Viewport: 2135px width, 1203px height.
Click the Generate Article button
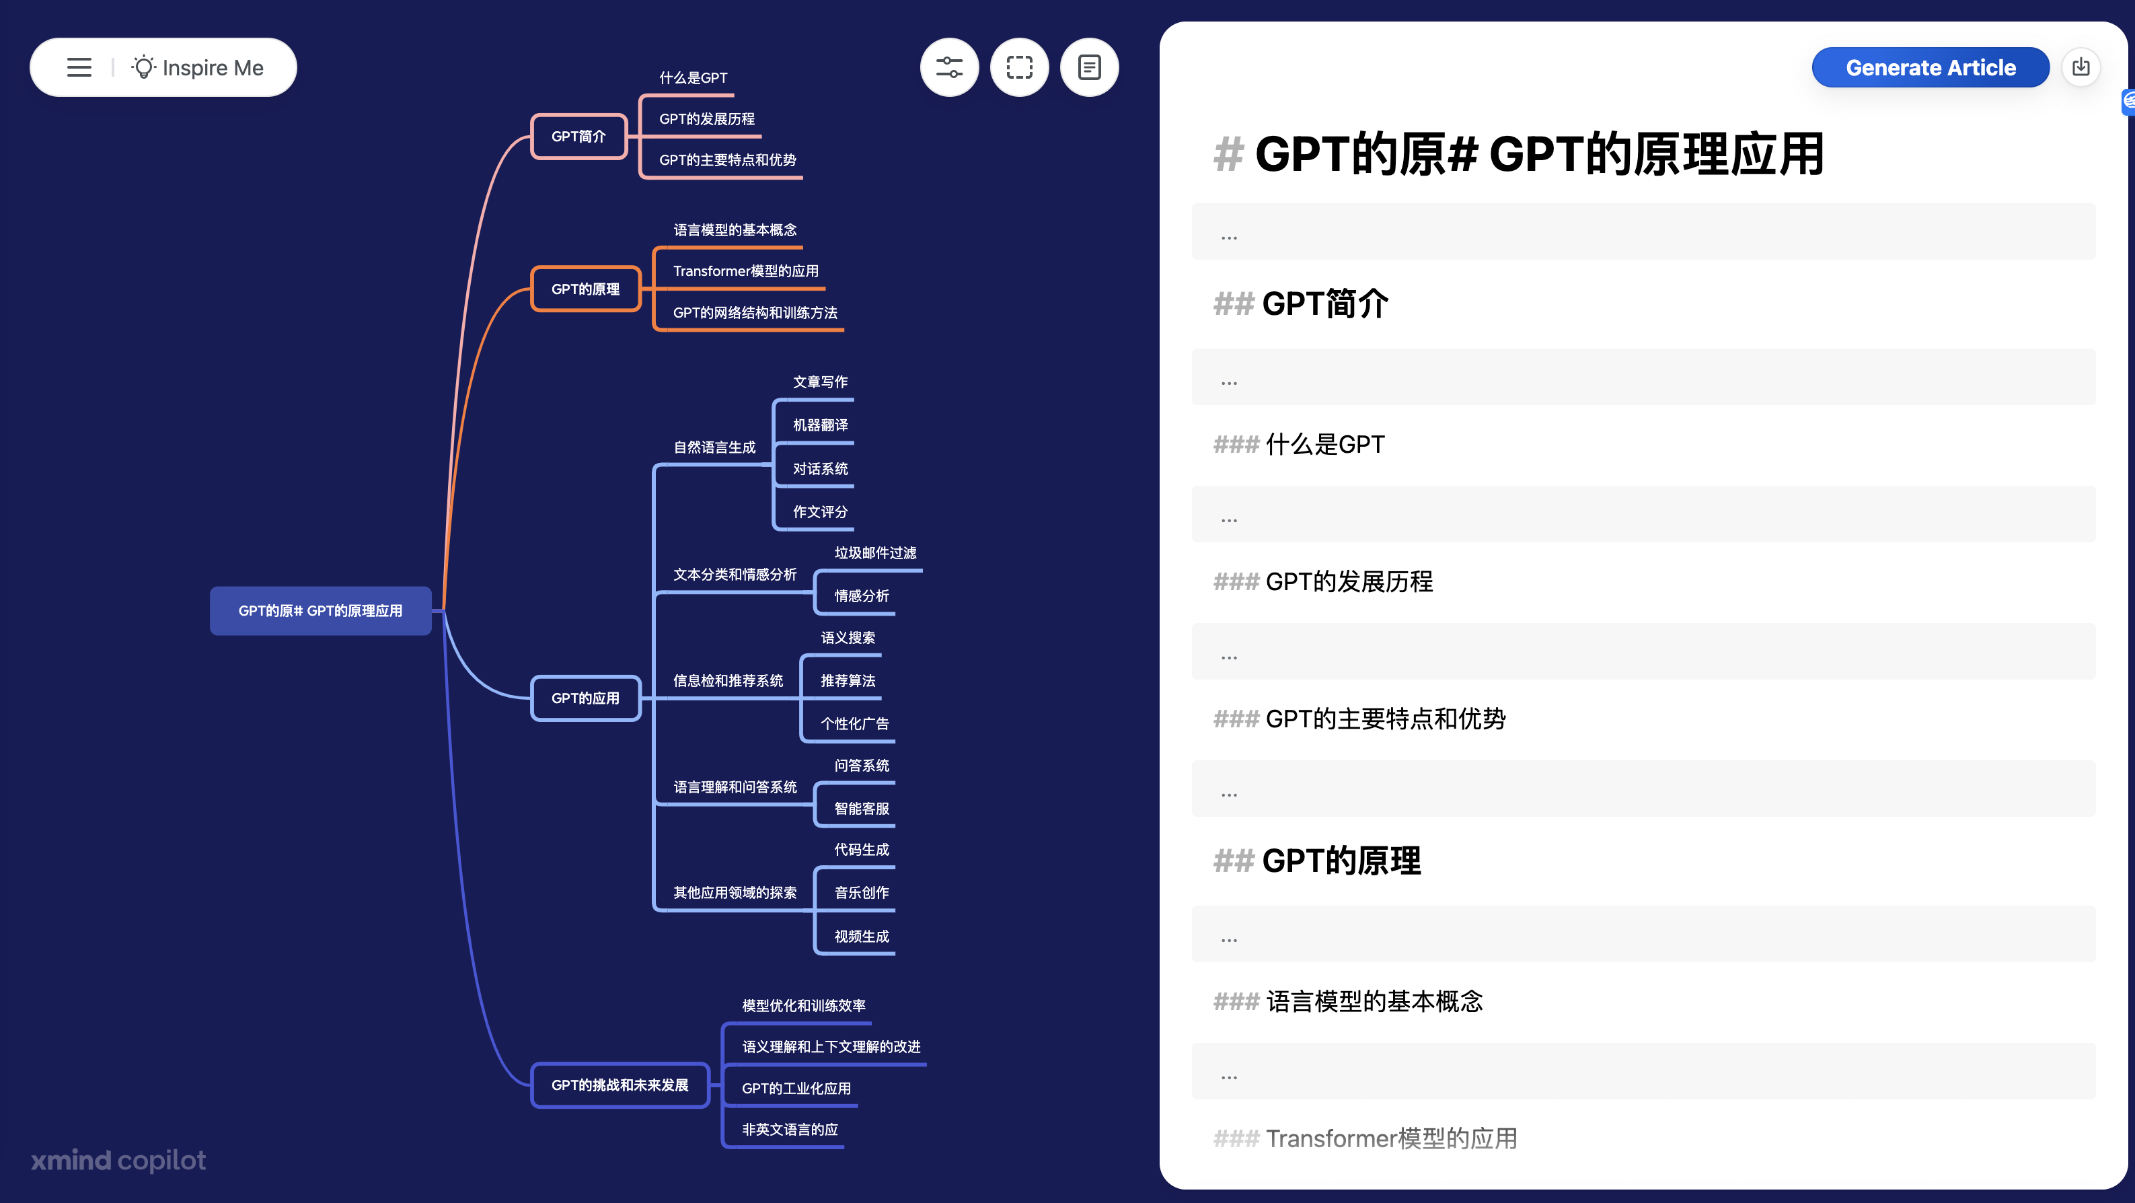[x=1931, y=67]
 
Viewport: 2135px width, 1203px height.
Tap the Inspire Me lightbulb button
[x=197, y=67]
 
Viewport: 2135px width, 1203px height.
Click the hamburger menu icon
[x=79, y=67]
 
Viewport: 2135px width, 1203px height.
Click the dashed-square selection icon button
[x=1020, y=67]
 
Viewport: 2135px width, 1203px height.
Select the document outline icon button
[x=1089, y=67]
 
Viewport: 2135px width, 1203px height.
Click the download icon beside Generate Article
[x=2081, y=67]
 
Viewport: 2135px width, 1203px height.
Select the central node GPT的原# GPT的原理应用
[x=321, y=611]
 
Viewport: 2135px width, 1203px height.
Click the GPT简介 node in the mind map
[x=578, y=136]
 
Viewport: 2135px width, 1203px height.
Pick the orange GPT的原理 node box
[x=586, y=289]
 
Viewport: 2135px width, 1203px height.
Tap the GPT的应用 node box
[x=586, y=698]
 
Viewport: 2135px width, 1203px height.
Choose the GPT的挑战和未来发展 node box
[x=620, y=1085]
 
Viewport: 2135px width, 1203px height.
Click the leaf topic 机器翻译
[x=821, y=425]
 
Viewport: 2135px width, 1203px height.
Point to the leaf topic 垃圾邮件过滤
[x=875, y=553]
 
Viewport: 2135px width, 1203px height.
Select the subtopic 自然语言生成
[x=714, y=447]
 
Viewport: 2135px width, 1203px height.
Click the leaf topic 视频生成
[x=862, y=936]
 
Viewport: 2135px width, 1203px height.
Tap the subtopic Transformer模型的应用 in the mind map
[x=746, y=271]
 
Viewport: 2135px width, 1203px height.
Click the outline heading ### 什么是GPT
[x=1299, y=444]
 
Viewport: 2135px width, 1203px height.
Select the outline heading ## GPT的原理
[x=1317, y=861]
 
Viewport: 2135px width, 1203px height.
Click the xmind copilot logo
[x=118, y=1160]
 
